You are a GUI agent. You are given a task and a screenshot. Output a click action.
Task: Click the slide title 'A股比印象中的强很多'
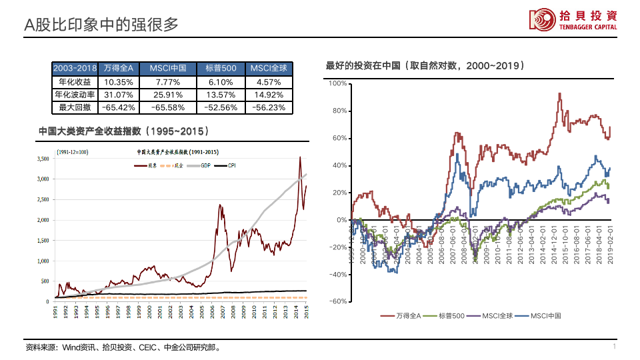[101, 25]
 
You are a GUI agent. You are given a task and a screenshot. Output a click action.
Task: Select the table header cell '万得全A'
[119, 69]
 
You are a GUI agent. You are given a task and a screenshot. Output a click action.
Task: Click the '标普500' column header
[221, 69]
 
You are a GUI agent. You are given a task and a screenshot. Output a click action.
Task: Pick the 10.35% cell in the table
[119, 82]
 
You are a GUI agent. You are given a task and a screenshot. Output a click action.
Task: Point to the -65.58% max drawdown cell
[172, 107]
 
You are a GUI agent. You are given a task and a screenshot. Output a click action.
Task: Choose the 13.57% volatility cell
[221, 95]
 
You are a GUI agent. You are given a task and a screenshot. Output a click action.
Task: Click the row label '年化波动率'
[75, 95]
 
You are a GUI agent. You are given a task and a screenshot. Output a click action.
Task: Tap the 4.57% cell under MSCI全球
[269, 82]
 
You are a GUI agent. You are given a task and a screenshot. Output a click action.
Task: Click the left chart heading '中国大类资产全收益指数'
[123, 131]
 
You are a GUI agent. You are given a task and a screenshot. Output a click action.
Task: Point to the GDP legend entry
[199, 165]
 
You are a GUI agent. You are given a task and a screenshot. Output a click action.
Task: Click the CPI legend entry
[231, 165]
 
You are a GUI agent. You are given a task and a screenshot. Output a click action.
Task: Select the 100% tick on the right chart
[338, 83]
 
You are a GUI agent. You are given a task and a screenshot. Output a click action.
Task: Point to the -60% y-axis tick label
[337, 301]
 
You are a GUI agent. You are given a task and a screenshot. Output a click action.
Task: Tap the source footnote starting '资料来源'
[123, 347]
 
